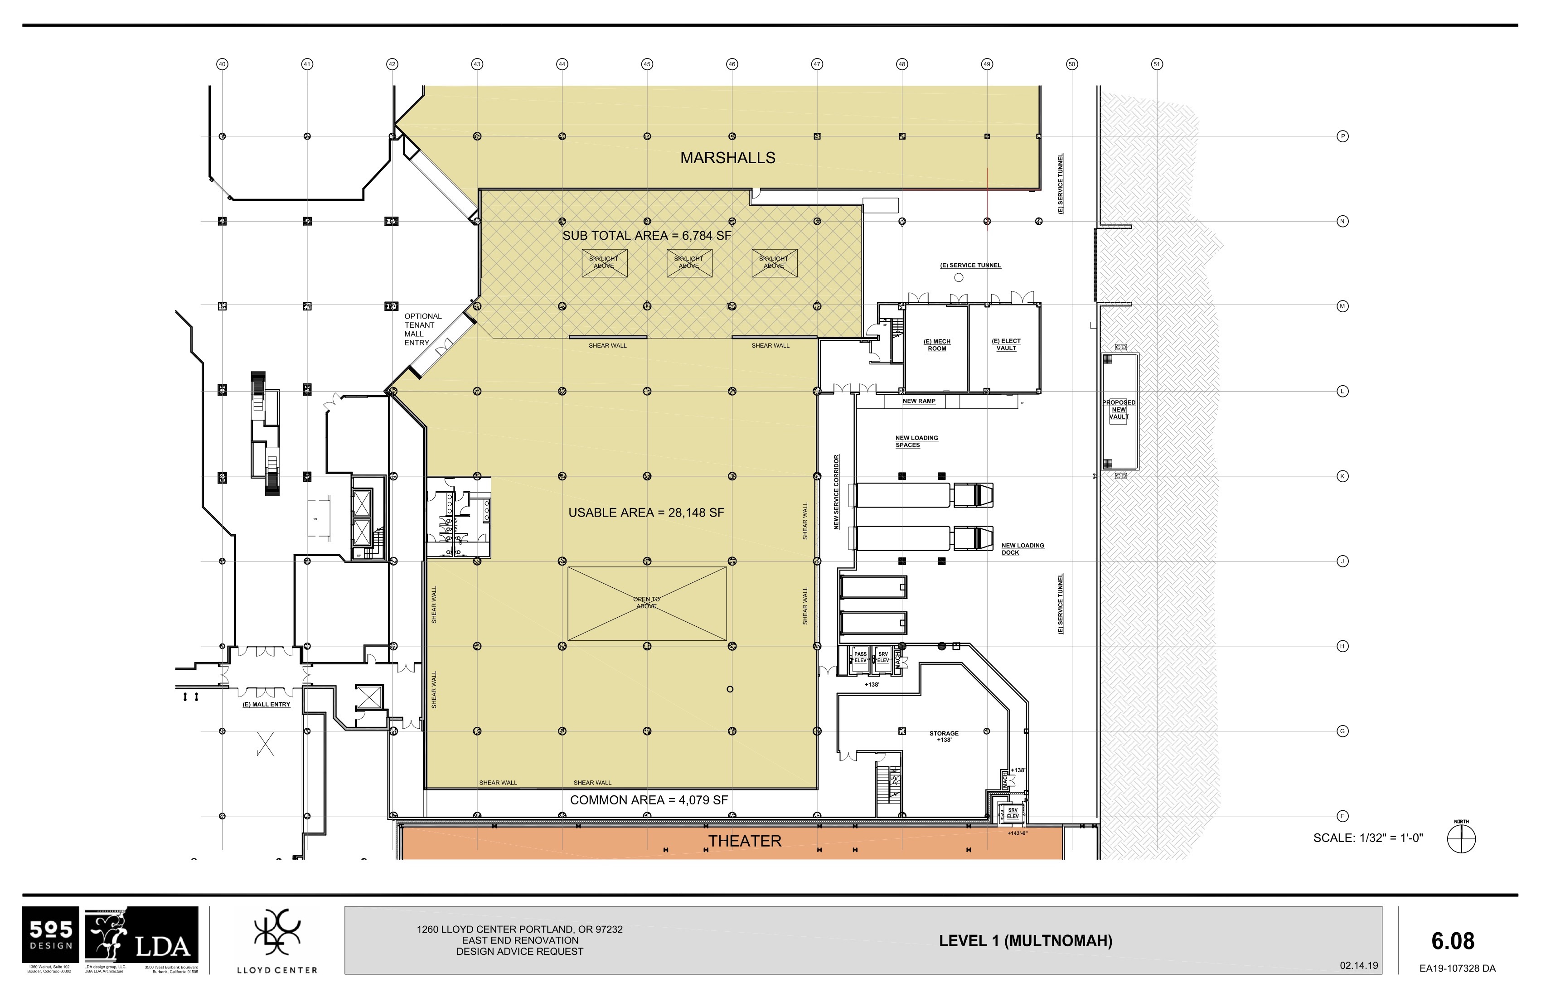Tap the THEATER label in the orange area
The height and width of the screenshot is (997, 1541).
click(x=745, y=841)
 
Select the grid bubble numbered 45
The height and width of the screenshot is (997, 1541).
click(x=647, y=64)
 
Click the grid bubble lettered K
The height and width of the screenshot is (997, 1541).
click(x=1343, y=476)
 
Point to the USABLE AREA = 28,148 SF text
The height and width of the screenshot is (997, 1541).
click(x=646, y=513)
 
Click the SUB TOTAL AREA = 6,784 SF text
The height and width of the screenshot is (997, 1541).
click(x=646, y=236)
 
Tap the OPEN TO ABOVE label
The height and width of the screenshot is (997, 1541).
click(x=646, y=603)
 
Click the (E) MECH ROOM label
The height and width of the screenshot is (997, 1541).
click(x=937, y=345)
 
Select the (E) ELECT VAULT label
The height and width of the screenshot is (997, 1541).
click(x=1006, y=344)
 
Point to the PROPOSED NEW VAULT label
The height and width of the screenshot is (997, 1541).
click(x=1119, y=410)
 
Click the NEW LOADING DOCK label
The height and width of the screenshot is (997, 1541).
click(x=1022, y=549)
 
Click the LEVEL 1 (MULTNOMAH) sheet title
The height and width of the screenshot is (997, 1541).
click(x=1026, y=941)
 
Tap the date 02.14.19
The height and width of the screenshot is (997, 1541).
click(x=1358, y=965)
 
